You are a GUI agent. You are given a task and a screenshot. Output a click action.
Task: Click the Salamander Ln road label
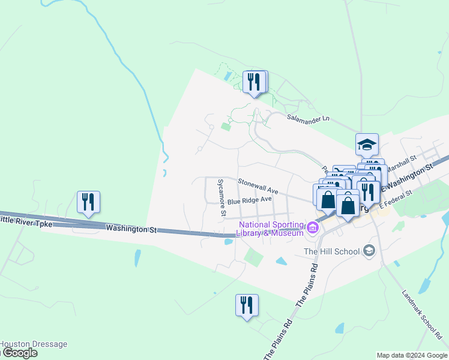point(309,118)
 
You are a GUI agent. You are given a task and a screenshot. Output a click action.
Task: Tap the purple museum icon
point(312,227)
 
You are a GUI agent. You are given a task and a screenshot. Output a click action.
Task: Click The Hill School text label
point(331,251)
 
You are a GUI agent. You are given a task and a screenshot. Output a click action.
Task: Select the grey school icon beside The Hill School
point(369,250)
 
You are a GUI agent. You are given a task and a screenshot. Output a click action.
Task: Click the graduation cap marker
point(367,145)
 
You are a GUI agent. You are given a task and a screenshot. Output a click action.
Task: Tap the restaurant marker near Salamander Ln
point(255,82)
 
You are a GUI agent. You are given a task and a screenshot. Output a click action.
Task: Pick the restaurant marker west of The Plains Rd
point(247,305)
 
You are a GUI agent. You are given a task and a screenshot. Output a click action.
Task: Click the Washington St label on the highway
point(131,229)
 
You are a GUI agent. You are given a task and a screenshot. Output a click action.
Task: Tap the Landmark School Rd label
point(424,314)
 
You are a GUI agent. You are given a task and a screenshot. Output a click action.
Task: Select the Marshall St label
point(402,162)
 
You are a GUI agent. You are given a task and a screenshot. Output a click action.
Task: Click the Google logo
point(19,353)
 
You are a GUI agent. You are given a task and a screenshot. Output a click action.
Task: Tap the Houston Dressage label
point(33,344)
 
